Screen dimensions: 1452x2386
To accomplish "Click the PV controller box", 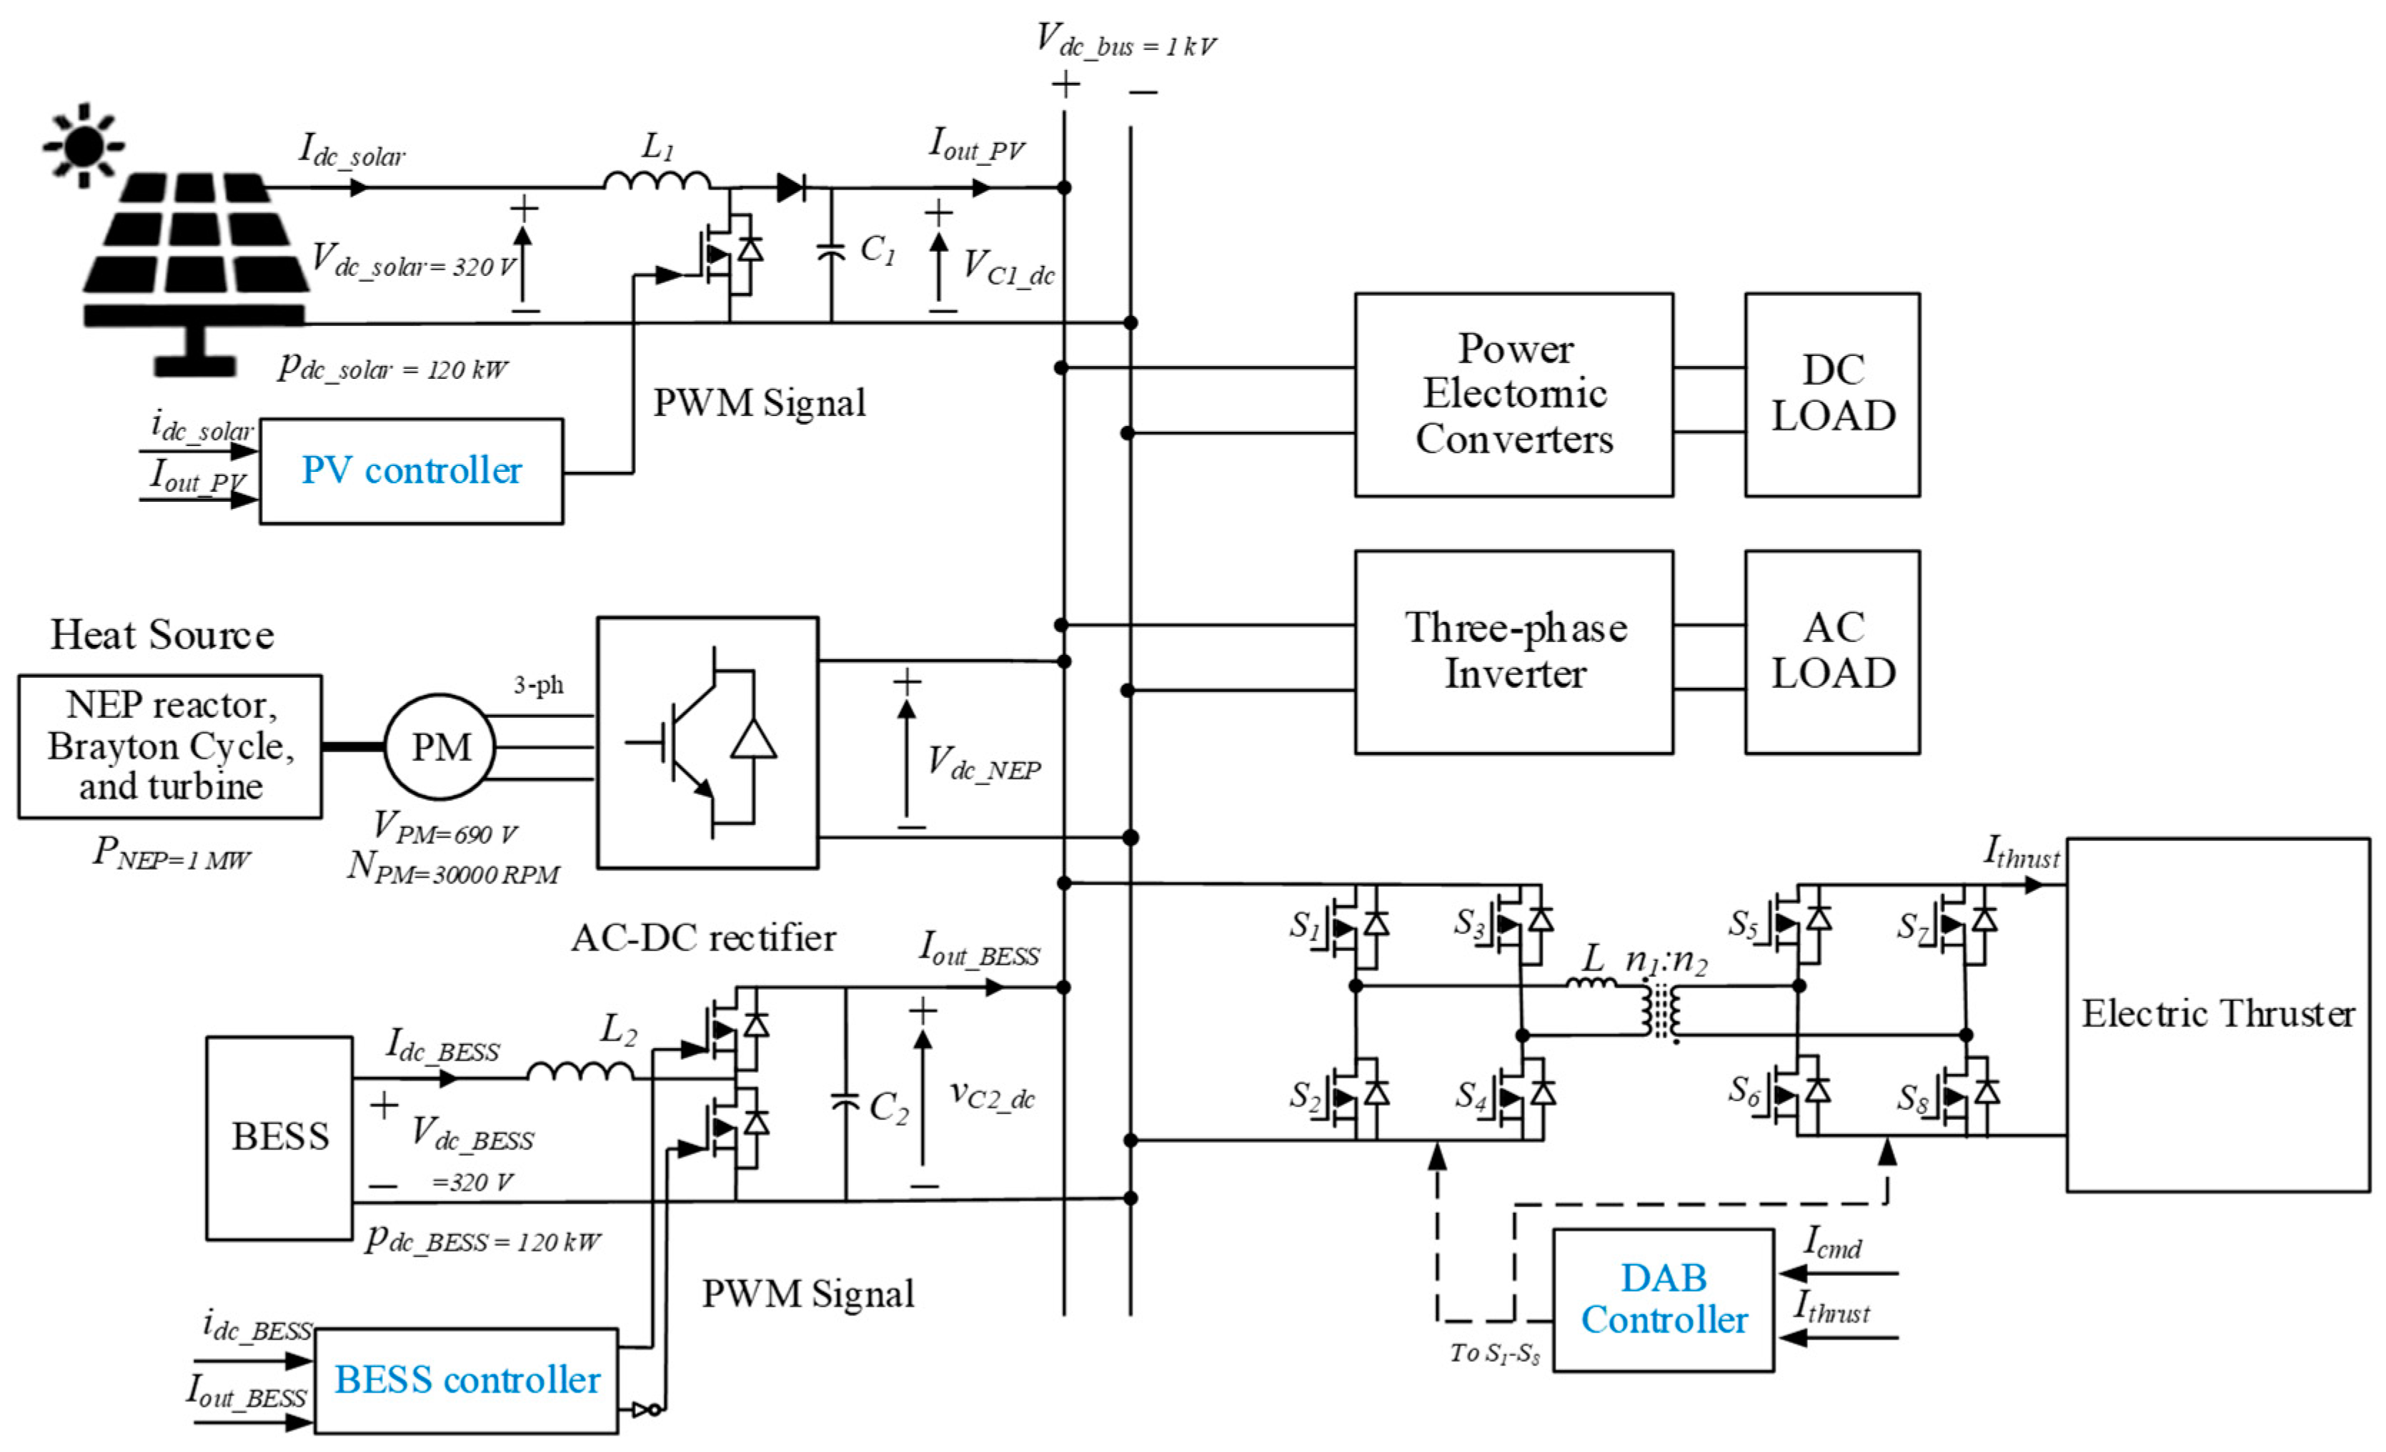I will [x=411, y=472].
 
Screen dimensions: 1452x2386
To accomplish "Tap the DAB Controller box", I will [x=1663, y=1300].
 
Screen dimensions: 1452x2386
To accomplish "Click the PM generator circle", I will [x=441, y=747].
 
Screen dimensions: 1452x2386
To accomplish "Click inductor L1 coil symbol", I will [x=657, y=180].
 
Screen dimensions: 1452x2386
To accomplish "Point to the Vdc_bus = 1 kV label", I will [x=1125, y=41].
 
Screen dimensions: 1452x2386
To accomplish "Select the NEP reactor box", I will [x=170, y=746].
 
